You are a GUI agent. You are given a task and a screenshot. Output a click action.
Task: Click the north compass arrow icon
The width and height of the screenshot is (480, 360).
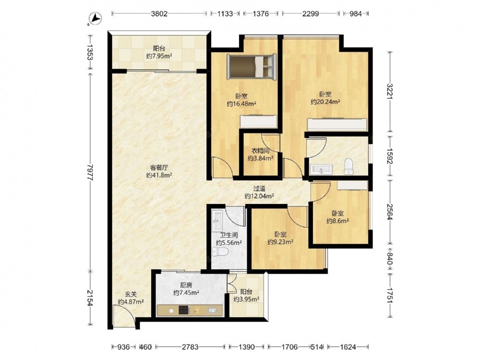[x=95, y=18]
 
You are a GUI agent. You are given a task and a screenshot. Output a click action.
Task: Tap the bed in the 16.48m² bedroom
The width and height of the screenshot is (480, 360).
[x=252, y=67]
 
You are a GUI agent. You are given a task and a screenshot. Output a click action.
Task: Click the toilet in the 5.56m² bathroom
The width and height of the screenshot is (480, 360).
[x=220, y=252]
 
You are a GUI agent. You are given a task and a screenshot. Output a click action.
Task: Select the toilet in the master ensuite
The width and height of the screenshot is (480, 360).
[x=348, y=166]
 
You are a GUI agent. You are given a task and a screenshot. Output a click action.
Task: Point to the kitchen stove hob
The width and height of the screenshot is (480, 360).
[x=184, y=310]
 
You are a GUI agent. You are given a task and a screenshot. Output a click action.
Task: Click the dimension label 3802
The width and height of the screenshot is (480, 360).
[x=159, y=13]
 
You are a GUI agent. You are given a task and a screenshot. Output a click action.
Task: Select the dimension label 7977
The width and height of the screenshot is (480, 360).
[x=90, y=172]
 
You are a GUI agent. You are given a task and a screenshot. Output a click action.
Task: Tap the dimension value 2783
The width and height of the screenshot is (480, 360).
[x=190, y=347]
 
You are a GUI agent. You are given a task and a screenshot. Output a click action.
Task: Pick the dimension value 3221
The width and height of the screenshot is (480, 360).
[x=390, y=91]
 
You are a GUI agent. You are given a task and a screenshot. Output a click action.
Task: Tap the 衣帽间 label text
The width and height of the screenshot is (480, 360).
[x=261, y=151]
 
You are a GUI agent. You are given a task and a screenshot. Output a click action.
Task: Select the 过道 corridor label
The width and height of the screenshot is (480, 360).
[x=259, y=189]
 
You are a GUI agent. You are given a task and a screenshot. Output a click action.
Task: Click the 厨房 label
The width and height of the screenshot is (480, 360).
[x=186, y=285]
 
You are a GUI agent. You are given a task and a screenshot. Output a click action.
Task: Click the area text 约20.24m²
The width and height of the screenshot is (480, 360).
[x=325, y=102]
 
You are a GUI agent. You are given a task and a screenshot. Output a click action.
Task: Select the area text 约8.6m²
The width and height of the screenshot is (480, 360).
[x=337, y=221]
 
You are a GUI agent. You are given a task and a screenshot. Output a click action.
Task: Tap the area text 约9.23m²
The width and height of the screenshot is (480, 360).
[x=280, y=242]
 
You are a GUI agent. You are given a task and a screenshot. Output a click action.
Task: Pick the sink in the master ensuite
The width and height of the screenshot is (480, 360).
[x=321, y=169]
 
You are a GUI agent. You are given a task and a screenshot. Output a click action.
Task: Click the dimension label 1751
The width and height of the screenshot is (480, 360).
[x=390, y=295]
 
